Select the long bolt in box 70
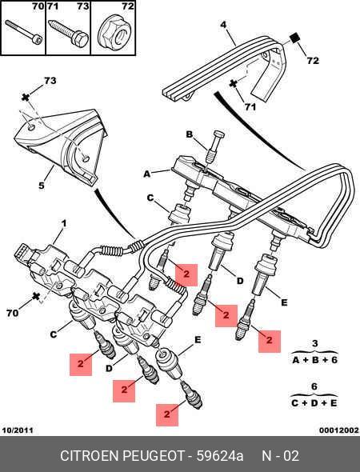coord(23,32)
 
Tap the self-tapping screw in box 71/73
coord(68,32)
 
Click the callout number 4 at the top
coord(223,25)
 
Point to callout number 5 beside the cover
coord(42,185)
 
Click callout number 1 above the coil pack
coord(63,224)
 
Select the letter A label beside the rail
coord(146,174)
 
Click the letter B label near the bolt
coord(189,134)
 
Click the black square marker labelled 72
coord(295,39)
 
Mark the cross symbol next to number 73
coord(26,98)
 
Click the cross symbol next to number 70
coord(36,297)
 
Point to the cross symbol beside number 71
coord(234,84)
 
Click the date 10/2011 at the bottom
coord(18,430)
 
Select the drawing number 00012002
coord(339,430)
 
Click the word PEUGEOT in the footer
coord(154,456)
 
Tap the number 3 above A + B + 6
coord(314,343)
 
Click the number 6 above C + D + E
coord(314,386)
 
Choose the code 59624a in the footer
coord(220,456)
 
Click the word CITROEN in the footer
coord(90,456)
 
